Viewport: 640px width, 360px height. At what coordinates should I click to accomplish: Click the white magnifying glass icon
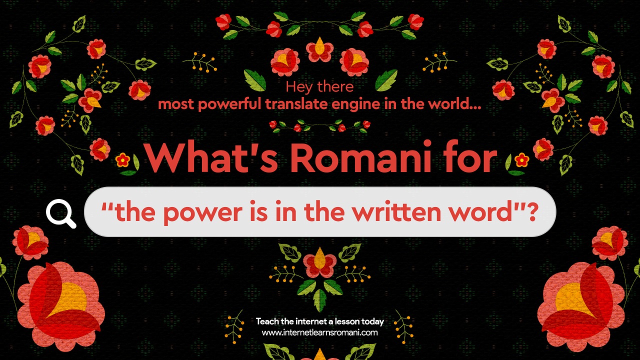(x=61, y=213)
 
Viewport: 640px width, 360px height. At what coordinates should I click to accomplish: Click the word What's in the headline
(x=211, y=157)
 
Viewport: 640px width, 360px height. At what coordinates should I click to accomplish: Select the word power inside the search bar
(x=203, y=213)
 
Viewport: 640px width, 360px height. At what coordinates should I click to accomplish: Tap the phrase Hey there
(x=319, y=87)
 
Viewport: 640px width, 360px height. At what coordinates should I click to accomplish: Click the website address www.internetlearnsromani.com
(x=319, y=332)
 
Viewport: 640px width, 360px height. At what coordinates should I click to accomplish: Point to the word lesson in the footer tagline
(x=347, y=321)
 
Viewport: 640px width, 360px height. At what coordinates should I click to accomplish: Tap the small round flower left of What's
(x=122, y=160)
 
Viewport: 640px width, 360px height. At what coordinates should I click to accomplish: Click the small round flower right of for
(x=521, y=160)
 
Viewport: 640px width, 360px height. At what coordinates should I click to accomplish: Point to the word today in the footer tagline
(x=373, y=322)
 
